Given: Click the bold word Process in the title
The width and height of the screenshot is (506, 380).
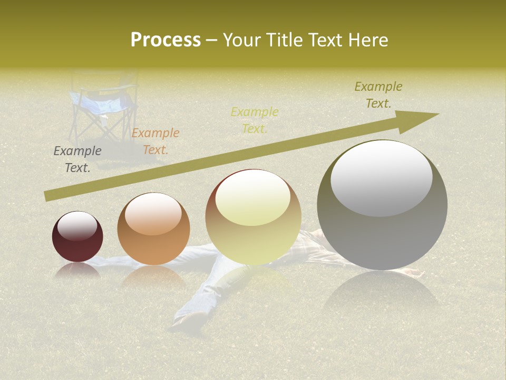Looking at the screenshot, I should coord(166,40).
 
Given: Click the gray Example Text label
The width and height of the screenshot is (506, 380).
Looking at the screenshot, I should coord(77,159).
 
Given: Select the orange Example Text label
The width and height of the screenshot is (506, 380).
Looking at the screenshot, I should coord(155,141).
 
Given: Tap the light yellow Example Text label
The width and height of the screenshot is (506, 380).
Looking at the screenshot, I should coord(255,120).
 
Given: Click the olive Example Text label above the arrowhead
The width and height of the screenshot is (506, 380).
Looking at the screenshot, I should coord(378,95).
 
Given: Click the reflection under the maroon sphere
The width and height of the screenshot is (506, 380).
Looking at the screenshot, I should coord(77,271).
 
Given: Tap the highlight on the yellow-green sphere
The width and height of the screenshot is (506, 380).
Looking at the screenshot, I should coord(253,198).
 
